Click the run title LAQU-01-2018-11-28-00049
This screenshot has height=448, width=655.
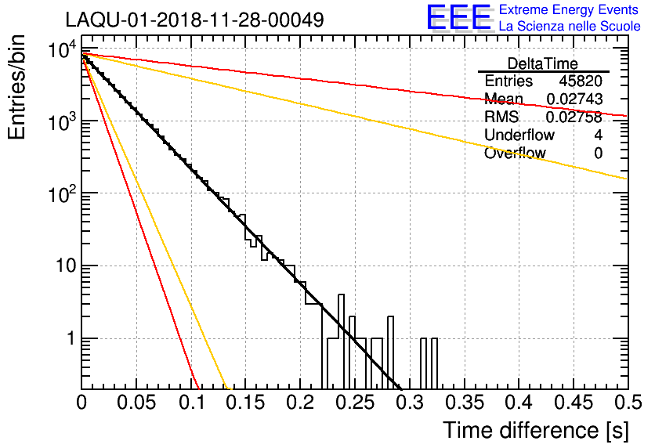194,20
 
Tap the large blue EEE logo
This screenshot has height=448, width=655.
458,17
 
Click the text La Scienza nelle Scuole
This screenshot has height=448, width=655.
570,26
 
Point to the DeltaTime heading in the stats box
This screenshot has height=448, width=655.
543,63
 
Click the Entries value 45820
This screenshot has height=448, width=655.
581,81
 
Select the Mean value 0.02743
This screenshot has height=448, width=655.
574,99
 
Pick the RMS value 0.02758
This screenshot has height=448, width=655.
574,117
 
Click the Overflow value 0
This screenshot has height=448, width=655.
599,154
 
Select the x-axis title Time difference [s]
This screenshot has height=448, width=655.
535,430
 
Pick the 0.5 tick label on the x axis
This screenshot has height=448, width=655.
626,403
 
